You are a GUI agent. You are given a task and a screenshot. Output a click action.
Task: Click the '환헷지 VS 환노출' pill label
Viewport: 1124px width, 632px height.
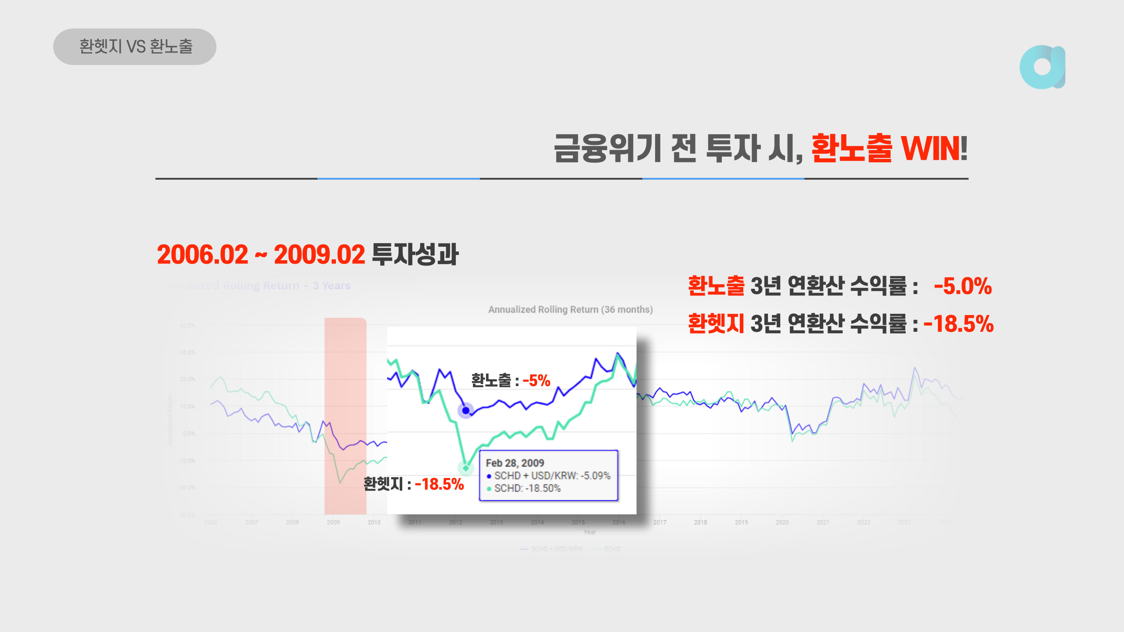[x=135, y=47]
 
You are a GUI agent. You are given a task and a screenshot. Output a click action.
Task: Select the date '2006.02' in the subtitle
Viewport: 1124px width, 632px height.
[x=202, y=255]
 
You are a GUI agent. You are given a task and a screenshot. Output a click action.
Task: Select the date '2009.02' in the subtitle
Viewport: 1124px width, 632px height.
[x=319, y=255]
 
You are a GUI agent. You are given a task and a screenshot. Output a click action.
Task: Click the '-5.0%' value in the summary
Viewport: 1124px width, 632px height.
[x=962, y=286]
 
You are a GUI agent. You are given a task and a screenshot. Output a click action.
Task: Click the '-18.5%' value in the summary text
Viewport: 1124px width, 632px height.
[x=958, y=324]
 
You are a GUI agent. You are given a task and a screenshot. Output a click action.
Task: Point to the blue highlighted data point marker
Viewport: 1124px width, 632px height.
[x=466, y=410]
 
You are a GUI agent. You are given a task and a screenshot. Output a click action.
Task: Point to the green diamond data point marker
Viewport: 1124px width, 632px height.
[x=466, y=468]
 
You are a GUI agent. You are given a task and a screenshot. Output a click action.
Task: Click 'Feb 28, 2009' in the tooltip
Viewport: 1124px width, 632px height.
[x=515, y=463]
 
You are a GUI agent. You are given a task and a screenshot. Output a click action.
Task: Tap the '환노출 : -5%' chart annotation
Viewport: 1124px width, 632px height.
[x=510, y=381]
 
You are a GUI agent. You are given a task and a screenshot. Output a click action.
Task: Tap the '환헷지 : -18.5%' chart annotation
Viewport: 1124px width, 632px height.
[x=413, y=484]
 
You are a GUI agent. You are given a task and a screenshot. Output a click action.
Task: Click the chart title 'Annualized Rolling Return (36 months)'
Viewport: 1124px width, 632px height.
[x=570, y=310]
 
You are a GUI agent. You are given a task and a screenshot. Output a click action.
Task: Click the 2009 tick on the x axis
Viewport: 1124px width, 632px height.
[x=333, y=522]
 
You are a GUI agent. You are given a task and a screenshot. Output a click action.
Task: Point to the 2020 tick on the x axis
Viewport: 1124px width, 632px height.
[x=782, y=522]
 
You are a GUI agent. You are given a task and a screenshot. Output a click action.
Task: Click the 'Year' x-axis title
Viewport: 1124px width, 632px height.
[x=590, y=532]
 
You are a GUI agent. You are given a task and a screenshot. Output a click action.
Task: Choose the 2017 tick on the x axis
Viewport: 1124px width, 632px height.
[x=659, y=522]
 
